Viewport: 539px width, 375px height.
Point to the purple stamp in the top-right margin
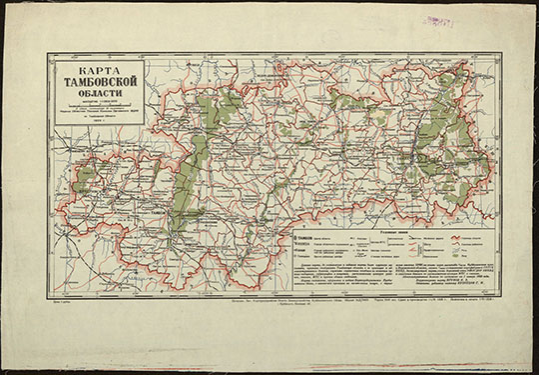point(439,20)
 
